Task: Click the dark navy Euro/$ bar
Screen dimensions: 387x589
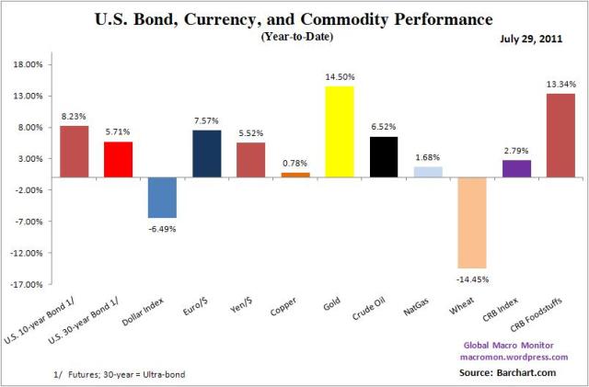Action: pos(207,153)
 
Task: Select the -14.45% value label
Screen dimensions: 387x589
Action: pos(473,278)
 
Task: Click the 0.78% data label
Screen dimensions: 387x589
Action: pos(295,164)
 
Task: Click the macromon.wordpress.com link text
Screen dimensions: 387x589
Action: pos(521,357)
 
